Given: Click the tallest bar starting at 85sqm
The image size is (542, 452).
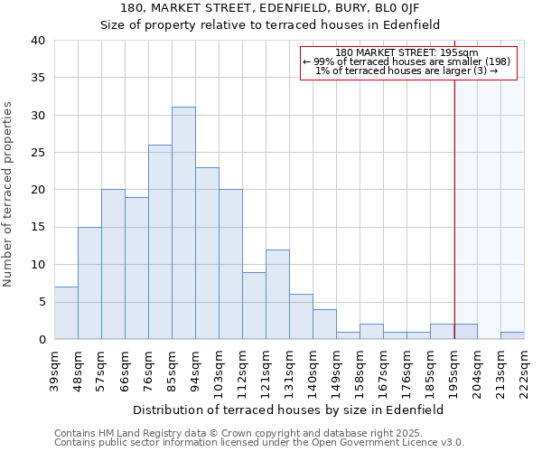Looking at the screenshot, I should pos(183,223).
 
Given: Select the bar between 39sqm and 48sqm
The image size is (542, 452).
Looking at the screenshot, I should pos(66,313).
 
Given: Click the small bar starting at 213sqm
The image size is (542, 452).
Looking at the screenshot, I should pos(512,335).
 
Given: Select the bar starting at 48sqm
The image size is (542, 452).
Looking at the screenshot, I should pos(89,283).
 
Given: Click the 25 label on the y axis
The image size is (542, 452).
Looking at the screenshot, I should pos(37,153).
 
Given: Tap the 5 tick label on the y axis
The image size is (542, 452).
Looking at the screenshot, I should pos(41,302).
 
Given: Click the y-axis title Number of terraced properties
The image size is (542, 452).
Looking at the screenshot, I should pos(9,194).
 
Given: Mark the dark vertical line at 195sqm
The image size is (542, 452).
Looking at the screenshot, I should pos(454,208).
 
